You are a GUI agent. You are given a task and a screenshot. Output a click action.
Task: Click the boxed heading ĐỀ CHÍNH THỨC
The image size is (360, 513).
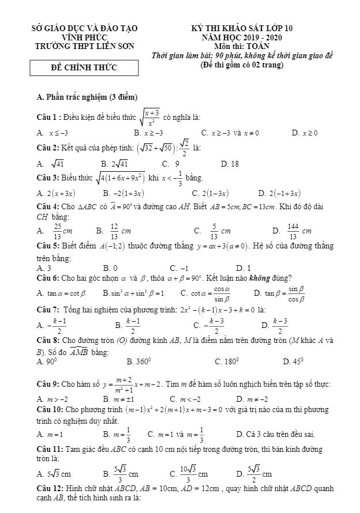point(84,68)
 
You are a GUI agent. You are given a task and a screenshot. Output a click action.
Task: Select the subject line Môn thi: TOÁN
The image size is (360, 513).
point(242,47)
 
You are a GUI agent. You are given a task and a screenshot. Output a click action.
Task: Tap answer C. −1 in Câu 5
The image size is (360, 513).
point(179,267)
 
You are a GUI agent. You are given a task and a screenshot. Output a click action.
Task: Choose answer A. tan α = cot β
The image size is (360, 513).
point(61,293)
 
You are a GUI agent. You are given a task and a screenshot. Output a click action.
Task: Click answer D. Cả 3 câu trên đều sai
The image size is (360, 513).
point(276,434)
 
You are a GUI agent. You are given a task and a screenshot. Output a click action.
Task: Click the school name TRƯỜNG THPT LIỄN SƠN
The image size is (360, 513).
point(84,46)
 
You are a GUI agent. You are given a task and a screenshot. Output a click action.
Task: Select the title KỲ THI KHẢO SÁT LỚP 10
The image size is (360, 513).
point(242,28)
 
